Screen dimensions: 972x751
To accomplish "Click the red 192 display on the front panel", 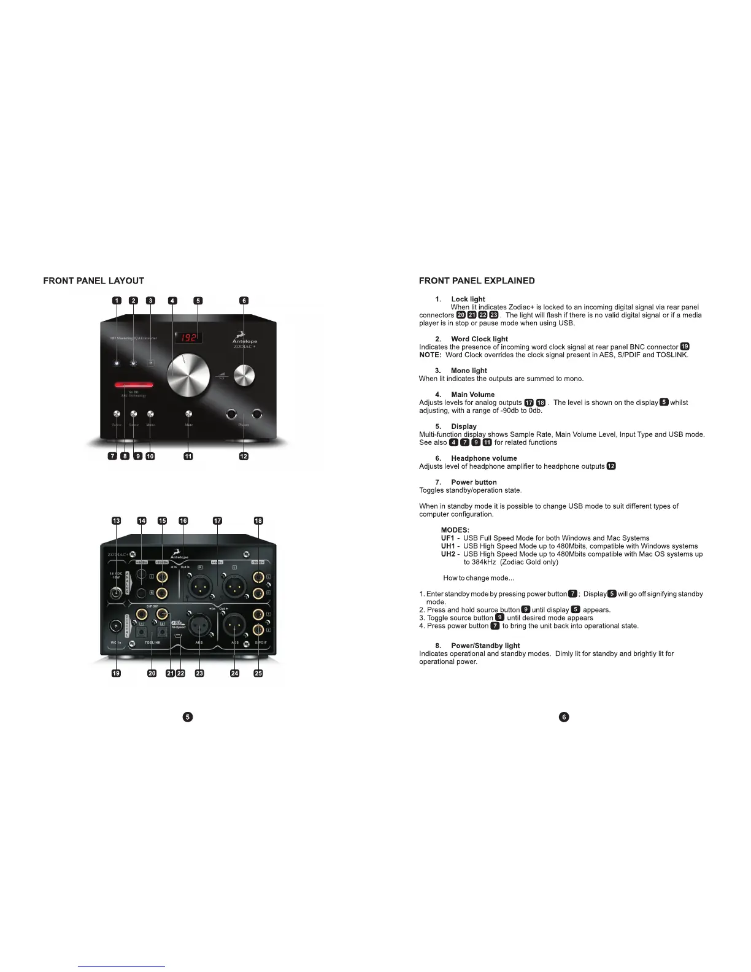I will pos(190,337).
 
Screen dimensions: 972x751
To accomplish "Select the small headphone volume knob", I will pos(244,374).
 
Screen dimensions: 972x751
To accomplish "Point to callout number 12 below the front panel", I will pos(244,456).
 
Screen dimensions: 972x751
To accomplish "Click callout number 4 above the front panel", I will pos(173,301).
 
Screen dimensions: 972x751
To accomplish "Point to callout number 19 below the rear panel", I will pos(116,673).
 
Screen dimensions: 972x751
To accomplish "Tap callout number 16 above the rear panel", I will pos(183,520).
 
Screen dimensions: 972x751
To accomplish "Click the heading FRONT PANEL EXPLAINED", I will pos(476,281).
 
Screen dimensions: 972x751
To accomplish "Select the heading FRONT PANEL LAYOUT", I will pos(93,281).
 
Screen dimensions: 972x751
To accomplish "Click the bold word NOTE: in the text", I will pos(430,355).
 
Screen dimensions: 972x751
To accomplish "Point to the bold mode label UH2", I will pos(448,554).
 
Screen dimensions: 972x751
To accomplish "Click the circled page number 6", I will pos(564,717).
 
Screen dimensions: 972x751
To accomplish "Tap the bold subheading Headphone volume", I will pos(483,458).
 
